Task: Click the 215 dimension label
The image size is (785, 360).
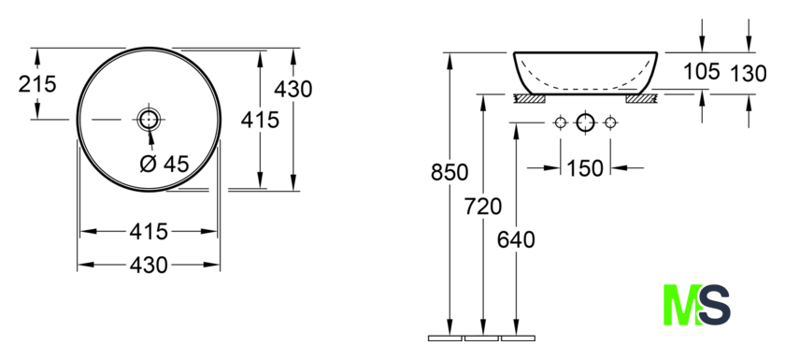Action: pos(37,84)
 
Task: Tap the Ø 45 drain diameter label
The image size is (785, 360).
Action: pos(164,164)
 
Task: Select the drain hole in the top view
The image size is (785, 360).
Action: pos(149,119)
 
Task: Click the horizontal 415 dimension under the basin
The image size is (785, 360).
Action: pos(149,231)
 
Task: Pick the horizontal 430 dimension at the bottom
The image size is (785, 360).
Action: pos(149,265)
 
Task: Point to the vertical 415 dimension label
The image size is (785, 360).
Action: pos(260,120)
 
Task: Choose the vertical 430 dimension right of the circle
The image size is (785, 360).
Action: pos(293,89)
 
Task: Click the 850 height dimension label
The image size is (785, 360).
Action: pos(450,172)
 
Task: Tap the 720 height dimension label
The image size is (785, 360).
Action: pos(482,206)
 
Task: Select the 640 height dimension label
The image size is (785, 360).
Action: pos(516,239)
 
